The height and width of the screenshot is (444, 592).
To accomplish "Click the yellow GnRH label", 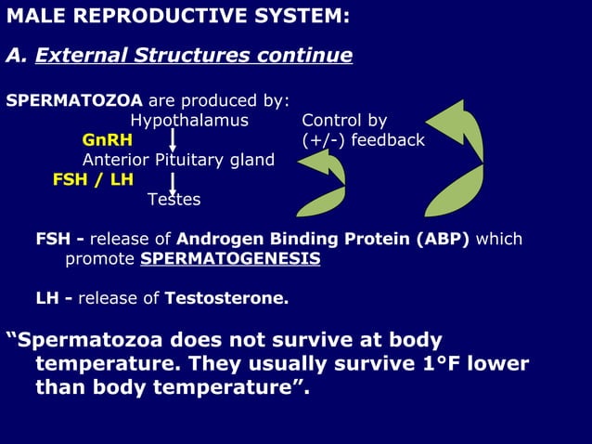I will (x=107, y=140).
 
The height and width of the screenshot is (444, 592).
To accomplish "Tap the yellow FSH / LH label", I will (x=93, y=179).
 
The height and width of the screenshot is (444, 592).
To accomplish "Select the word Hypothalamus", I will (x=189, y=121).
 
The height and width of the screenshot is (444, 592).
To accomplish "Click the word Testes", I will (x=174, y=200).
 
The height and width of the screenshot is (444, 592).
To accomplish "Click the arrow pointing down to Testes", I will (x=174, y=180).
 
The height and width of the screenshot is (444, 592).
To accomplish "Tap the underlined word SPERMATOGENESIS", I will (x=230, y=259).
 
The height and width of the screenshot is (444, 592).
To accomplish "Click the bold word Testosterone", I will (x=225, y=299).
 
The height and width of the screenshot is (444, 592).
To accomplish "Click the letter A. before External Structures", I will (x=15, y=56).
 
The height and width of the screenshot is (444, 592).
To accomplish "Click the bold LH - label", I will (x=55, y=299).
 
